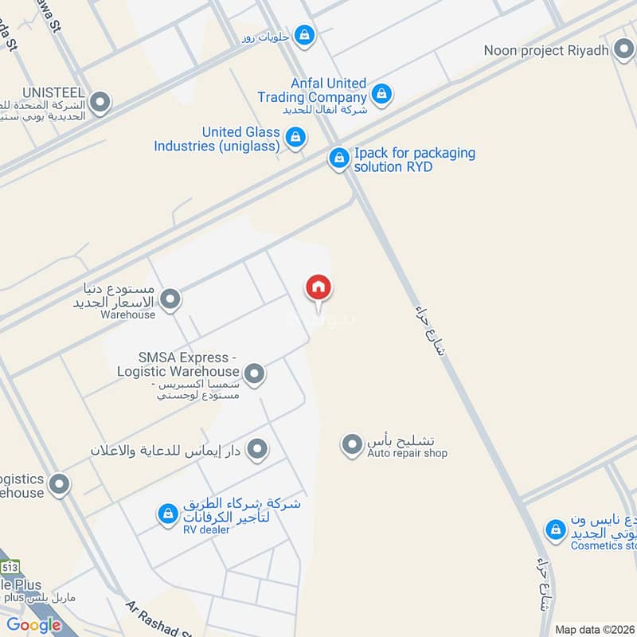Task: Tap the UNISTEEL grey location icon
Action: click(x=100, y=102)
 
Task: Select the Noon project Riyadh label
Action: click(x=547, y=51)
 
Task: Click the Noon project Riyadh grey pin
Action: click(x=623, y=51)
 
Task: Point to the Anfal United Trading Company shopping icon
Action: click(x=383, y=93)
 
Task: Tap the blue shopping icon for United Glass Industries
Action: click(x=295, y=138)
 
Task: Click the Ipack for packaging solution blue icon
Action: click(x=339, y=159)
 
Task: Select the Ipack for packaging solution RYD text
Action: click(x=415, y=160)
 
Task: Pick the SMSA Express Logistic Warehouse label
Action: click(x=178, y=365)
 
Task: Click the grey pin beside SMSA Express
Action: click(x=254, y=373)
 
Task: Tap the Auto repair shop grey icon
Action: click(x=351, y=444)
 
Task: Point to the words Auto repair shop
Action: click(x=407, y=454)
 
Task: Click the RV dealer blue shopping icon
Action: click(x=167, y=514)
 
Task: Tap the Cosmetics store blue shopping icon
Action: click(x=555, y=529)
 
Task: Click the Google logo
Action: click(x=34, y=625)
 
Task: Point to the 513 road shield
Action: click(x=10, y=568)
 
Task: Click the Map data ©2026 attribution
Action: click(x=594, y=629)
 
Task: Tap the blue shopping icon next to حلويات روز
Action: click(x=303, y=35)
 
